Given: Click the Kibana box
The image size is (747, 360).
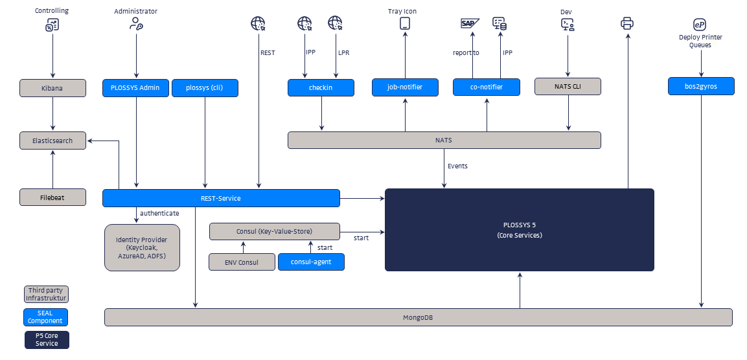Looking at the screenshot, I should click(x=52, y=87).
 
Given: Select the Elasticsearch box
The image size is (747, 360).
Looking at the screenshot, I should click(x=52, y=141).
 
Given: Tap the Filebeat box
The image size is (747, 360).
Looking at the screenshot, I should click(x=52, y=197).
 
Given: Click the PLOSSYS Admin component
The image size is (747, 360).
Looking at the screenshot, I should click(x=135, y=87).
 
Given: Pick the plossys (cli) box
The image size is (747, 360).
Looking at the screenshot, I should click(x=205, y=87).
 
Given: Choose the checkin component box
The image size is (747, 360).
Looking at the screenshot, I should click(x=321, y=87).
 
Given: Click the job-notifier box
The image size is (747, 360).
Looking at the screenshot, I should click(x=405, y=87).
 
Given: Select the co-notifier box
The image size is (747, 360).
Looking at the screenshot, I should click(x=487, y=87).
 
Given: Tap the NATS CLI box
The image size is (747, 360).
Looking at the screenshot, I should click(x=568, y=87).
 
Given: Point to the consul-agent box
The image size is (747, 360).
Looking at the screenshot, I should click(x=311, y=262).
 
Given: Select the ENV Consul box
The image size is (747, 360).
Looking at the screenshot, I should click(x=242, y=262).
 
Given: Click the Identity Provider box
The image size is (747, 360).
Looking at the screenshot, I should click(x=142, y=247).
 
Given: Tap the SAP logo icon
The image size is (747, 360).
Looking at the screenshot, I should click(x=468, y=23).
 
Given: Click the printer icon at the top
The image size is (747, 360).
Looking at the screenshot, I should click(x=627, y=24).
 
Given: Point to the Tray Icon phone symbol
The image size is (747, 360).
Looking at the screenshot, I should click(x=405, y=24).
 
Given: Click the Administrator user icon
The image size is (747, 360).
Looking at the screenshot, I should click(x=136, y=24).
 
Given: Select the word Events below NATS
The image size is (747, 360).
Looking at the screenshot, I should click(x=457, y=166).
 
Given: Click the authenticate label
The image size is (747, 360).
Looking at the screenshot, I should click(x=159, y=213).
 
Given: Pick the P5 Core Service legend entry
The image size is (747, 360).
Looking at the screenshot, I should click(x=47, y=339).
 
